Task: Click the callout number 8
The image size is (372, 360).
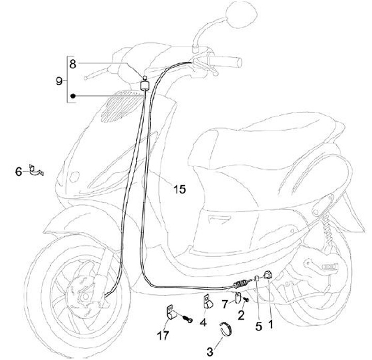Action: click(72, 65)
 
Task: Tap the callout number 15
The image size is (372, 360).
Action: click(179, 190)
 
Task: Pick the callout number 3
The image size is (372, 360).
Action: click(210, 352)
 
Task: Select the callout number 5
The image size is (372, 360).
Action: click(259, 326)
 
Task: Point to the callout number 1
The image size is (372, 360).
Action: click(270, 326)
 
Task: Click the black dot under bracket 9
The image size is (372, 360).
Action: click(74, 96)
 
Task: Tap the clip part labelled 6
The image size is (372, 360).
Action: click(36, 170)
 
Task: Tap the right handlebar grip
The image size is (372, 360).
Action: click(233, 61)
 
